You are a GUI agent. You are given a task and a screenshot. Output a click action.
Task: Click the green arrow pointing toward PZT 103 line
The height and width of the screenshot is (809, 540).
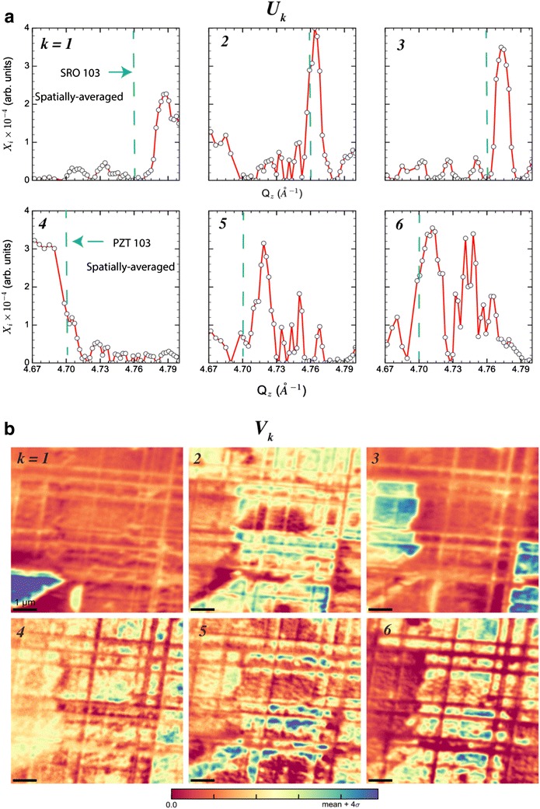(x=85, y=242)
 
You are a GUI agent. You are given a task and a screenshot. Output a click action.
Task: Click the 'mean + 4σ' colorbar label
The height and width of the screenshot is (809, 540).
(x=345, y=803)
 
